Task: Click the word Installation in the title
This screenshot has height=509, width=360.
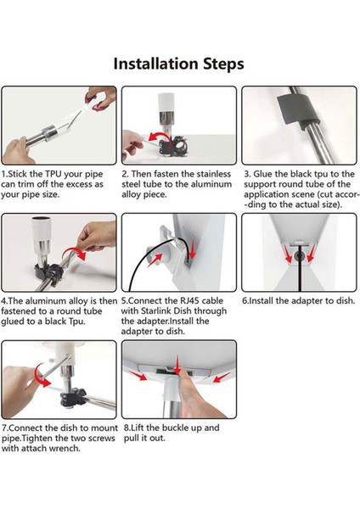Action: (156, 64)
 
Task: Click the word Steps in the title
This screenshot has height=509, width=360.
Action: (223, 64)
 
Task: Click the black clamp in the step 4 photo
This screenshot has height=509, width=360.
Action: (48, 272)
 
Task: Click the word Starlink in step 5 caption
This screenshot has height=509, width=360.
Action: (155, 311)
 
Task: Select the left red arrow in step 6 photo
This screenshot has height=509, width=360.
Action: (287, 253)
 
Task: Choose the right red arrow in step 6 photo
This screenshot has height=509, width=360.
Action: (310, 253)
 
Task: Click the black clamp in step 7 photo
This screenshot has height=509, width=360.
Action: (73, 397)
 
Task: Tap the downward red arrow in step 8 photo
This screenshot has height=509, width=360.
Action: (177, 365)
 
